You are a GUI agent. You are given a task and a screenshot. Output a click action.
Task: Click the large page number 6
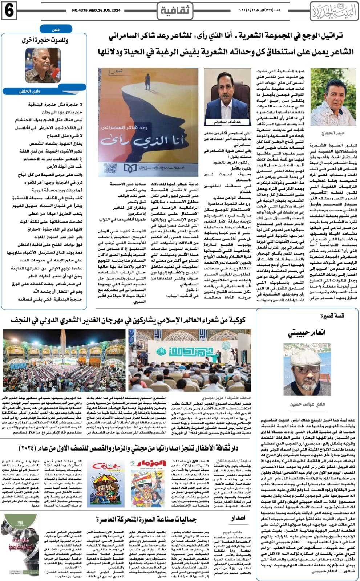pyautogui.click(x=9, y=11)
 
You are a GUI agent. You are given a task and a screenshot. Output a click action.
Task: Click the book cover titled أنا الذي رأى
pyautogui.click(x=148, y=122)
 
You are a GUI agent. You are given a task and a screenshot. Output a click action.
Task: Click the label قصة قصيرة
pyautogui.click(x=332, y=316)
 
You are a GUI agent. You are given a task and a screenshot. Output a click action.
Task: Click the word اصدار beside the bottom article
pyautogui.click(x=238, y=517)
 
